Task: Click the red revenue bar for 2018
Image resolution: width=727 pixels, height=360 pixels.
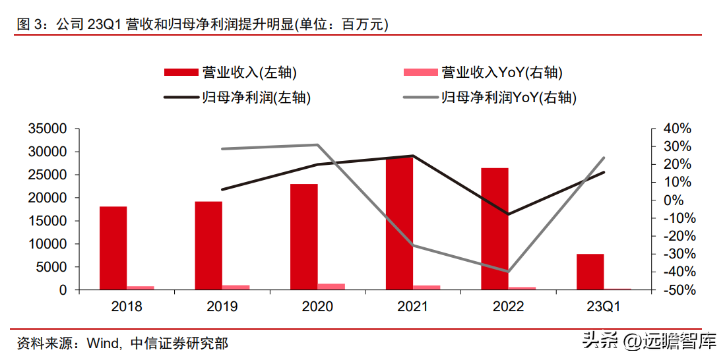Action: click(113, 248)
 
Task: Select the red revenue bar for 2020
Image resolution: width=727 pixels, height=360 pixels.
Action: click(303, 237)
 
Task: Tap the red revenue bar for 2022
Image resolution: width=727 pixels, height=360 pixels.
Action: click(494, 229)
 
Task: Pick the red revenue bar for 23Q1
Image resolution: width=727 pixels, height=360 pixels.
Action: click(590, 272)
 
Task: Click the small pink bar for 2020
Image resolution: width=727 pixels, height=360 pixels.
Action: click(331, 286)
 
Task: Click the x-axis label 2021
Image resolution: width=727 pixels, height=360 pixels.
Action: click(412, 307)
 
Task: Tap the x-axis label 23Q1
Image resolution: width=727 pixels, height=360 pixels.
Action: click(604, 307)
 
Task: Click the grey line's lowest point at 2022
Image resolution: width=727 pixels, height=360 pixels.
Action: click(508, 271)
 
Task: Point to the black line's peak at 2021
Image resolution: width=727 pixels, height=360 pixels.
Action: click(412, 156)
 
